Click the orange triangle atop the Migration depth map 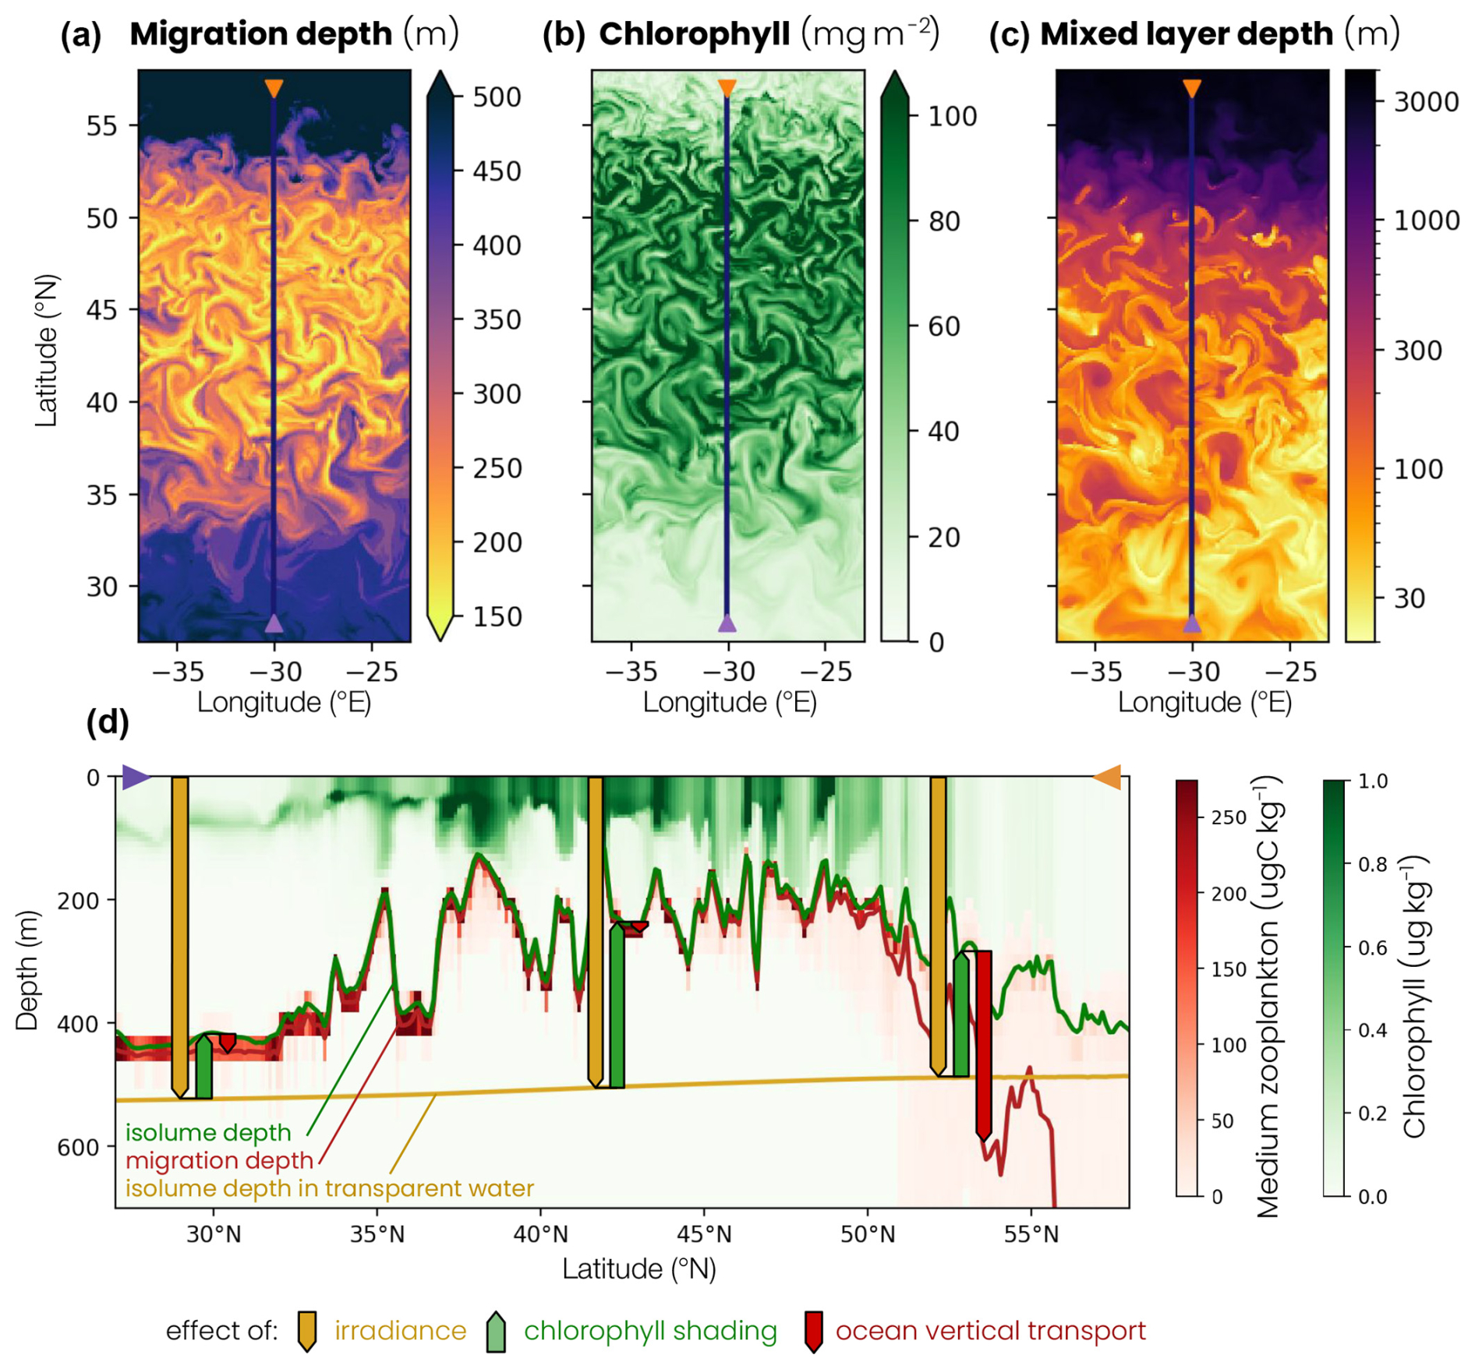274,88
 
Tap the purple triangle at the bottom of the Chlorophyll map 727,623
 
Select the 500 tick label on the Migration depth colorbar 497,97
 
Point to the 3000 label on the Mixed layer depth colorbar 1426,101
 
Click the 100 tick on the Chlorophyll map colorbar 952,117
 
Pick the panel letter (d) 108,722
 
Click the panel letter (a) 81,35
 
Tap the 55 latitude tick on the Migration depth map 101,126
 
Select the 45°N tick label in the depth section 704,1235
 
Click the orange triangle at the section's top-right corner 1108,777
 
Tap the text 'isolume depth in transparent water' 330,1188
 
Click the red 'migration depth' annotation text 219,1160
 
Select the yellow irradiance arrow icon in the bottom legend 307,1331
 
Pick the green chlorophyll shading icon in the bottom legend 496,1331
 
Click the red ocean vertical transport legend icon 814,1331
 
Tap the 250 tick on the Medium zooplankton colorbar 1229,818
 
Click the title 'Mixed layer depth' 1186,34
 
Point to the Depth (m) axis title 28,970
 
